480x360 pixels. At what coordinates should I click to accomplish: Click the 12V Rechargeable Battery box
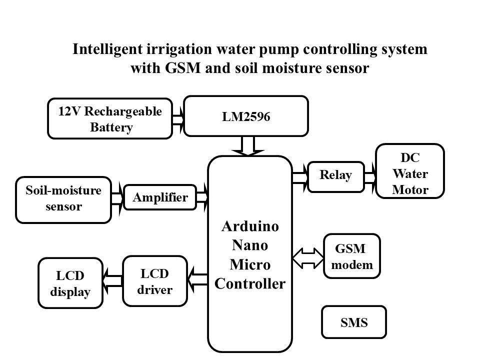[x=109, y=118]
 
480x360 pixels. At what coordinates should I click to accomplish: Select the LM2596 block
[x=246, y=116]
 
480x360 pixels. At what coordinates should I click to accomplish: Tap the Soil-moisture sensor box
[x=63, y=199]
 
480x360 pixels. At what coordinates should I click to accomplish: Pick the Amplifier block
[x=160, y=197]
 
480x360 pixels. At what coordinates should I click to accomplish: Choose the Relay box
[x=336, y=176]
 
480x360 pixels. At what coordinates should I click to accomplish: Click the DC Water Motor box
[x=409, y=171]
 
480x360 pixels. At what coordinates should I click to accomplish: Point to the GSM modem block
[x=352, y=256]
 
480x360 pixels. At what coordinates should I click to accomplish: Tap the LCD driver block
[x=154, y=281]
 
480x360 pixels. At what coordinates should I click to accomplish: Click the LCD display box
[x=70, y=283]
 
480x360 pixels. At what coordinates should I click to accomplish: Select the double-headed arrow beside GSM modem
[x=308, y=256]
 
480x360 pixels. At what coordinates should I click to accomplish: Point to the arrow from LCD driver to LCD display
[x=113, y=279]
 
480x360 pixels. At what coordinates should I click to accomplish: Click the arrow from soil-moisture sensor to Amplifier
[x=117, y=198]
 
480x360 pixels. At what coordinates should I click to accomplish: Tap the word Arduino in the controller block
[x=250, y=225]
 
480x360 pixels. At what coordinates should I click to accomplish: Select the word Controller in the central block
[x=250, y=283]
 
